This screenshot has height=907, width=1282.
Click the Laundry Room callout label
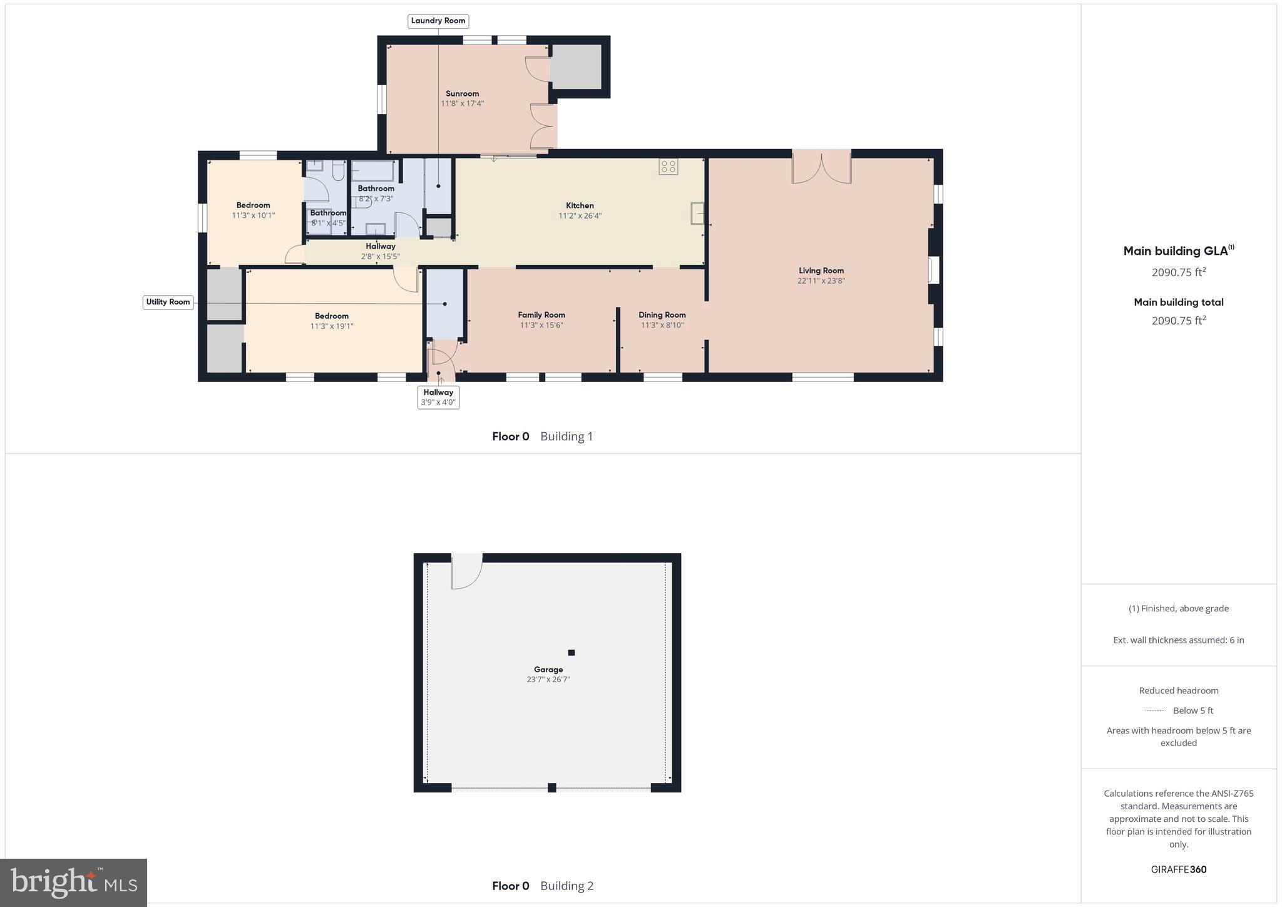click(438, 21)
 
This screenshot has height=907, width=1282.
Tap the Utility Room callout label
click(168, 302)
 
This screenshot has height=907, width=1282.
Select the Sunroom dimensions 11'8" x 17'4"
click(462, 104)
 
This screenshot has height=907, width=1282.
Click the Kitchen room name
click(580, 205)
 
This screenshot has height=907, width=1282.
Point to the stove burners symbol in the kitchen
click(668, 167)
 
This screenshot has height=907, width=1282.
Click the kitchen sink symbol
click(697, 213)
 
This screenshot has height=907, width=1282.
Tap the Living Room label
click(821, 271)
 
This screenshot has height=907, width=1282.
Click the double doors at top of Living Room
click(821, 168)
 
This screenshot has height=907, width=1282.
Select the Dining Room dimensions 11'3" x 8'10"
click(662, 326)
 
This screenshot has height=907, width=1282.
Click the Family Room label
click(541, 315)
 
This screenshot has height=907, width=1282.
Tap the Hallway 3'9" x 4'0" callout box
click(438, 397)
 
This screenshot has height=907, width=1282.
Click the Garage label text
click(548, 670)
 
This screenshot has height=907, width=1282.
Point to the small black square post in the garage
click(571, 653)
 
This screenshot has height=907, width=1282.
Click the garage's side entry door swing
click(466, 571)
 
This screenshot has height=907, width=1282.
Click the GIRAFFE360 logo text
click(1178, 869)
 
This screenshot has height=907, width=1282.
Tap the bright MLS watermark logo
click(73, 883)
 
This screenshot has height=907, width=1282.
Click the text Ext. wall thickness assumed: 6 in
click(1178, 640)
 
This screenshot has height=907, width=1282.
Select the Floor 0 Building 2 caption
click(542, 886)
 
